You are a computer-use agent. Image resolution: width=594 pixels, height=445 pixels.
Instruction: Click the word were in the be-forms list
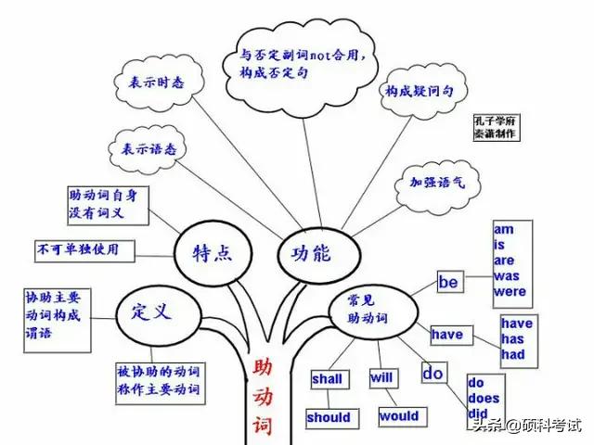pyautogui.click(x=510, y=292)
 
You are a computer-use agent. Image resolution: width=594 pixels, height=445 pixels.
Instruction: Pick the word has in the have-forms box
pyautogui.click(x=512, y=339)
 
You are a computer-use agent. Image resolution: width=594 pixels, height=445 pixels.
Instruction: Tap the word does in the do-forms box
pyautogui.click(x=484, y=398)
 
